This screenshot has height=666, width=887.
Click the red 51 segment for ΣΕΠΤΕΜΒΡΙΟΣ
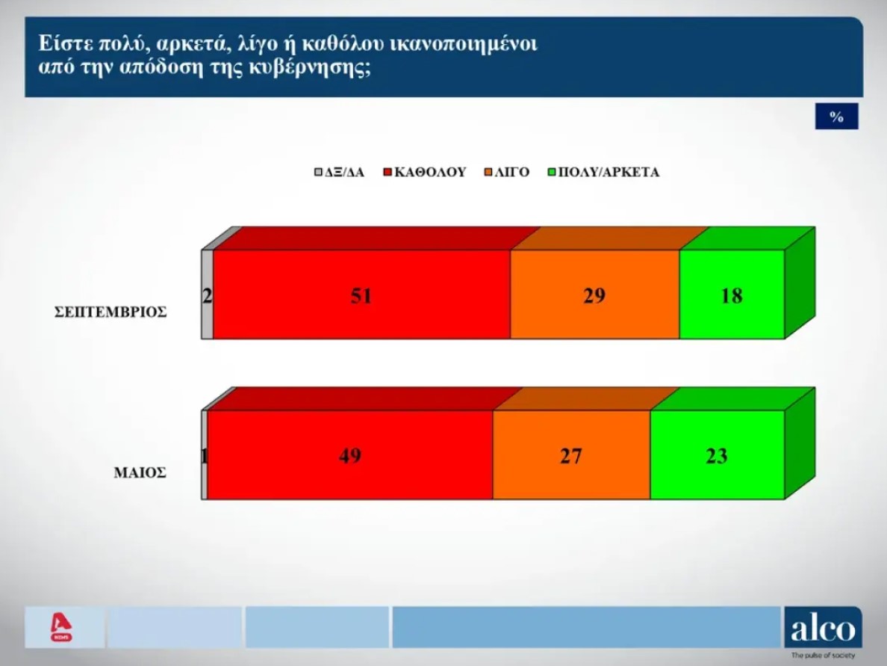pyautogui.click(x=362, y=295)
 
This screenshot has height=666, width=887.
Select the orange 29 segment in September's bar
pyautogui.click(x=595, y=295)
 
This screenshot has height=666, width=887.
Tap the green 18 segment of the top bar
pyautogui.click(x=732, y=295)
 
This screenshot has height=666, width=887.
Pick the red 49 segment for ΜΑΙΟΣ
pyautogui.click(x=349, y=454)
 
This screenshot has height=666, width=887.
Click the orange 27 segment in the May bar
pyautogui.click(x=571, y=454)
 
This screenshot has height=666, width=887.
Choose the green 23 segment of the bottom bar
pyautogui.click(x=718, y=454)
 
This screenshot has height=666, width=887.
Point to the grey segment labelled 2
pyautogui.click(x=208, y=295)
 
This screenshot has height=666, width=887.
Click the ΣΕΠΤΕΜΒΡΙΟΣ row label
pyautogui.click(x=111, y=312)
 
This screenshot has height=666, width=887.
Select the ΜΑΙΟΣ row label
pyautogui.click(x=140, y=472)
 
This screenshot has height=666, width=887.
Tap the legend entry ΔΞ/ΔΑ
pyautogui.click(x=340, y=172)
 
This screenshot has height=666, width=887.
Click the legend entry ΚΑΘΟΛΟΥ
pyautogui.click(x=425, y=172)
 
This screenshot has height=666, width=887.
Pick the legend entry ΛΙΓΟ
pyautogui.click(x=507, y=172)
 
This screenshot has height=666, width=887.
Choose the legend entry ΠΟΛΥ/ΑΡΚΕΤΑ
pyautogui.click(x=603, y=172)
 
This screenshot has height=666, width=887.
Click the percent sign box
pyautogui.click(x=837, y=117)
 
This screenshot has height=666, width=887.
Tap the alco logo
pyautogui.click(x=823, y=628)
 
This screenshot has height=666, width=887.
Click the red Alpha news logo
pyautogui.click(x=61, y=627)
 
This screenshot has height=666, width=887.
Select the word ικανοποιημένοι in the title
pyautogui.click(x=464, y=43)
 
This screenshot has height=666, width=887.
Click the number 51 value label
pyautogui.click(x=362, y=295)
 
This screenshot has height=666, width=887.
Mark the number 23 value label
pyautogui.click(x=718, y=456)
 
